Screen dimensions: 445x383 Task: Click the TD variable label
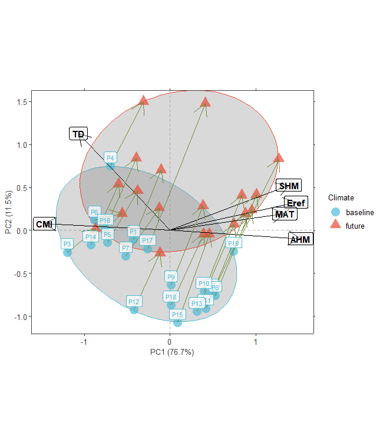point(78,134)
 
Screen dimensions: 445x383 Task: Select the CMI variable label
point(44,225)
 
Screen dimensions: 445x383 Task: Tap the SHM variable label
point(288,186)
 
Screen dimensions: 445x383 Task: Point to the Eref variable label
point(296,203)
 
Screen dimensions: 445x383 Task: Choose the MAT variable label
point(285,214)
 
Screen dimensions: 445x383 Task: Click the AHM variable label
point(300,239)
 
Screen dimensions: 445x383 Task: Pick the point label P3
point(67,244)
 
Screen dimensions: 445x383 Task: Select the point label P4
point(110,157)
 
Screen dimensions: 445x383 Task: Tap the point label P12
point(134,301)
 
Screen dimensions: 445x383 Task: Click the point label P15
point(177,315)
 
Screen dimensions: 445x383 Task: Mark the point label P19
point(233,243)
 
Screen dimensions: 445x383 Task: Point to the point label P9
point(171,276)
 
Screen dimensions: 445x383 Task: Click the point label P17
point(147,240)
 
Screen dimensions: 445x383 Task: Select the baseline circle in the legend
point(336,212)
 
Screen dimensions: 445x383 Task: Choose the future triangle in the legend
point(336,225)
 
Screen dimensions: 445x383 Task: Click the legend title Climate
point(341,197)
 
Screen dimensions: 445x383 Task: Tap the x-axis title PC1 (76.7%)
point(172,352)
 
